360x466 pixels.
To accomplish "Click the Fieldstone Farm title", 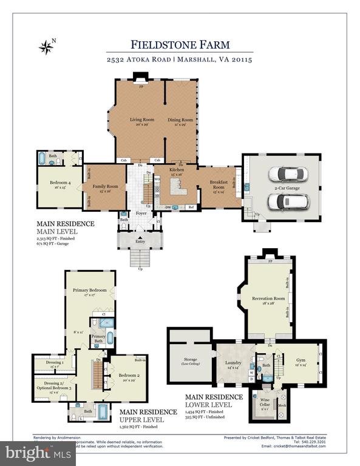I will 191,44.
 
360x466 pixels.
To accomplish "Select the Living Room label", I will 142,120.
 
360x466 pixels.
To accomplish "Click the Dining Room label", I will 180,120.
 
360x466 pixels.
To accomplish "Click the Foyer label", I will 141,213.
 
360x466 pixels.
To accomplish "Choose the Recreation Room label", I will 269,298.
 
